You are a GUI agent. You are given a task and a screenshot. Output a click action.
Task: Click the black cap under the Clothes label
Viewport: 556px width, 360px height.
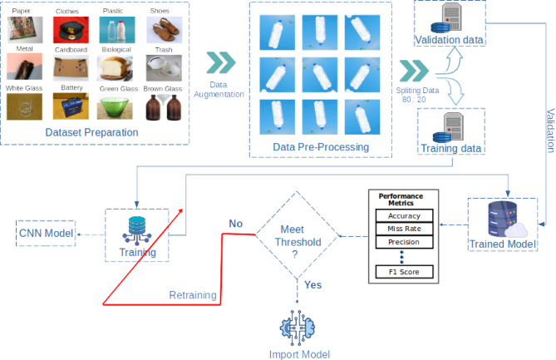[x=71, y=30]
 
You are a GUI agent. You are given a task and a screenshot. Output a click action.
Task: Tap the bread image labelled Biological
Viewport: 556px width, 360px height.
[x=115, y=67]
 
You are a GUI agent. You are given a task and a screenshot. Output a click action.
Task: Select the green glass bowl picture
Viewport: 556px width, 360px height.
[x=115, y=106]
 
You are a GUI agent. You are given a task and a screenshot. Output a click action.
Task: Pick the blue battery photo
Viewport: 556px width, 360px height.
[x=71, y=106]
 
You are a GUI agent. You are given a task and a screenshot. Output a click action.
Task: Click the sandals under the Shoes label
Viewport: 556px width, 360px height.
[x=165, y=30]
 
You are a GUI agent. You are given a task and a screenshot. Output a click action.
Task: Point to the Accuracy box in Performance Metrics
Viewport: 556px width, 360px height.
[x=404, y=215]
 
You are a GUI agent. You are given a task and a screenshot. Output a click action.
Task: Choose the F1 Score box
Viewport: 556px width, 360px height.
[x=404, y=272]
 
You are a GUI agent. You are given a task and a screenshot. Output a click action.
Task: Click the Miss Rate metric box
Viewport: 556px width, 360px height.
[x=404, y=229]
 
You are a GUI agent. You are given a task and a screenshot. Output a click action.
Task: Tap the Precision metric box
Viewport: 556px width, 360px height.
[x=404, y=242]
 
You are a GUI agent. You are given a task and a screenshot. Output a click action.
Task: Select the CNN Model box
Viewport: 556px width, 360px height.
[x=46, y=233]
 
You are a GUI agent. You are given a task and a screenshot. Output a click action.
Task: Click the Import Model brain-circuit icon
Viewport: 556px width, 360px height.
[x=298, y=328]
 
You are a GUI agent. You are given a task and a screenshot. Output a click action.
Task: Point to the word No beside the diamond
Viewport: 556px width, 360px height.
[x=236, y=224]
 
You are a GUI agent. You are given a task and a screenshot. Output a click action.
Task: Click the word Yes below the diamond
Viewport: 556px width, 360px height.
[x=313, y=285]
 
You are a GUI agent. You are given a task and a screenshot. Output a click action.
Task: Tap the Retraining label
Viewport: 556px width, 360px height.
[x=193, y=295]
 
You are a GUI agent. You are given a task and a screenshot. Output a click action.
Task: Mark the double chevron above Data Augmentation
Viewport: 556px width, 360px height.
[x=221, y=63]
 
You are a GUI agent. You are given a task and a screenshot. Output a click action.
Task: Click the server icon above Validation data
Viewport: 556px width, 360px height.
[x=447, y=17]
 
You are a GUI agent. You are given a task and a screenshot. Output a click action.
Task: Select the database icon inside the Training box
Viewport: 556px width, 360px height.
[x=137, y=231]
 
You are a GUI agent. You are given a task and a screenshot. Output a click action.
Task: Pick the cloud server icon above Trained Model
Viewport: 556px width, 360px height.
[x=507, y=219]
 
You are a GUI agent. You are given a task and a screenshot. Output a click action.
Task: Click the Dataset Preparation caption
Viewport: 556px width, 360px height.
[x=92, y=132]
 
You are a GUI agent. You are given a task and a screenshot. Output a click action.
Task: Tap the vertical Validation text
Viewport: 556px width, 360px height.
[x=550, y=131]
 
